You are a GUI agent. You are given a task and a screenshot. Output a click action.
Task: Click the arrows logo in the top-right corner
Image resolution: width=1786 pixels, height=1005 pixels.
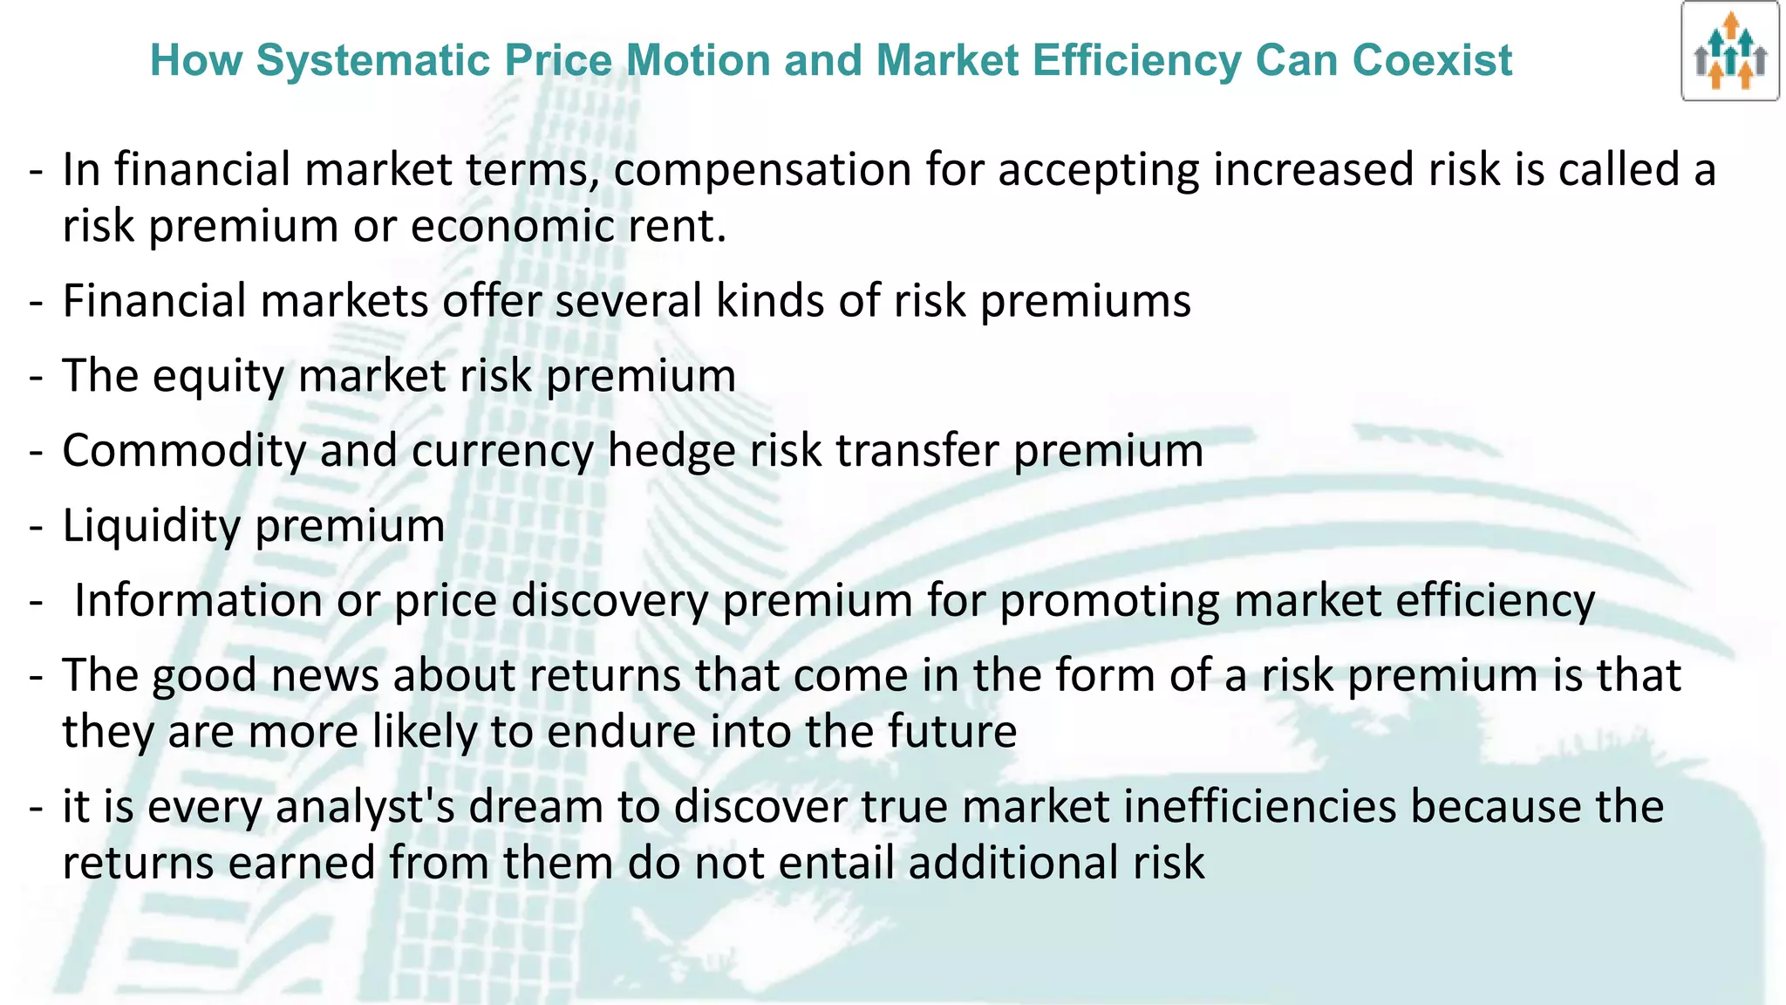[1730, 51]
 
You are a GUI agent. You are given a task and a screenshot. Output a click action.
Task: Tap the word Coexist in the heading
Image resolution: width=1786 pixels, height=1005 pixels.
[1432, 61]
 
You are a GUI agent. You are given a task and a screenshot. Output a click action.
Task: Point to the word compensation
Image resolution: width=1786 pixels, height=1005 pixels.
[762, 170]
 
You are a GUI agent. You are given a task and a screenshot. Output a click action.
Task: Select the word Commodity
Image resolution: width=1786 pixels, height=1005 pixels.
[183, 452]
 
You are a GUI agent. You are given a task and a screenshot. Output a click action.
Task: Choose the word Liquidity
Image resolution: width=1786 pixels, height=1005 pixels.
[151, 526]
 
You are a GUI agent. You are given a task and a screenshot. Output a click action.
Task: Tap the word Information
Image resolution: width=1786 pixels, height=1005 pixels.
[198, 601]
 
